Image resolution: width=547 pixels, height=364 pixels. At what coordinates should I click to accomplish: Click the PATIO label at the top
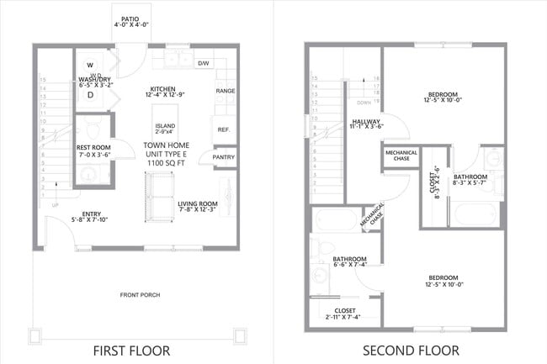[130, 18]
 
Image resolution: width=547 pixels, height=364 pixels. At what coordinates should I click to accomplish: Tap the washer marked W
[90, 66]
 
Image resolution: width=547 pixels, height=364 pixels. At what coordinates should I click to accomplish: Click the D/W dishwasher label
[203, 63]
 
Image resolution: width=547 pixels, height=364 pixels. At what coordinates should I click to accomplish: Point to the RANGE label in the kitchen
[225, 90]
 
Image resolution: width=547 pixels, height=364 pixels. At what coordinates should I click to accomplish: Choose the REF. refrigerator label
[224, 129]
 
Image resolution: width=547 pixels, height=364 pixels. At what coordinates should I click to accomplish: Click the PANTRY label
[224, 156]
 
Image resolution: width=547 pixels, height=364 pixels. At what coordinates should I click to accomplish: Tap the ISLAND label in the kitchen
[165, 127]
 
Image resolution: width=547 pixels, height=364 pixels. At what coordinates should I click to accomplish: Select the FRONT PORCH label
[140, 294]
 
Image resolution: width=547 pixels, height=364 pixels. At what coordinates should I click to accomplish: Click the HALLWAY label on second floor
[366, 122]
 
